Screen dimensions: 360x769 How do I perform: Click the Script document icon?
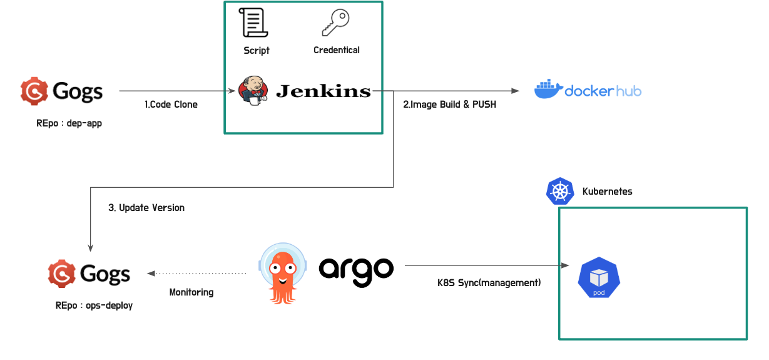(255, 23)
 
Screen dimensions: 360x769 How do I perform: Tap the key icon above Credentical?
(335, 23)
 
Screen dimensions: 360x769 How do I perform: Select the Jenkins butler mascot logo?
(253, 90)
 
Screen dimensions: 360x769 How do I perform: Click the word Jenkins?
(323, 91)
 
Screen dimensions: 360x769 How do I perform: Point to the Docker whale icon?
(547, 90)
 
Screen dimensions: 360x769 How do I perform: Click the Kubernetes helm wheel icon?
(560, 191)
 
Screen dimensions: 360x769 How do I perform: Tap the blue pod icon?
(599, 278)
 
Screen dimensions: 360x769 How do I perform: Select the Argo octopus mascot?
(283, 274)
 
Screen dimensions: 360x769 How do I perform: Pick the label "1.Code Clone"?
(171, 105)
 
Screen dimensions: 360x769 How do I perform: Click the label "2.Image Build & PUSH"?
(449, 105)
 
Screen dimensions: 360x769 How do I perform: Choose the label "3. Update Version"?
(146, 207)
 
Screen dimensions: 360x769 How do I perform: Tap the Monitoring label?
(191, 292)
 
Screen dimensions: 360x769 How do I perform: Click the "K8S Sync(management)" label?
(489, 282)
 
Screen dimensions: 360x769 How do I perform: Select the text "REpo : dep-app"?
(69, 123)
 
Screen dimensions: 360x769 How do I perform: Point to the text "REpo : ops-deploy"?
(94, 306)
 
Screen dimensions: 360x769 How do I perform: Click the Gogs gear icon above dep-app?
(34, 91)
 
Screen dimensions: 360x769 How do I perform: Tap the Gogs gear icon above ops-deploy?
(62, 274)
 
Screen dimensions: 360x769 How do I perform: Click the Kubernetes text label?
(607, 191)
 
